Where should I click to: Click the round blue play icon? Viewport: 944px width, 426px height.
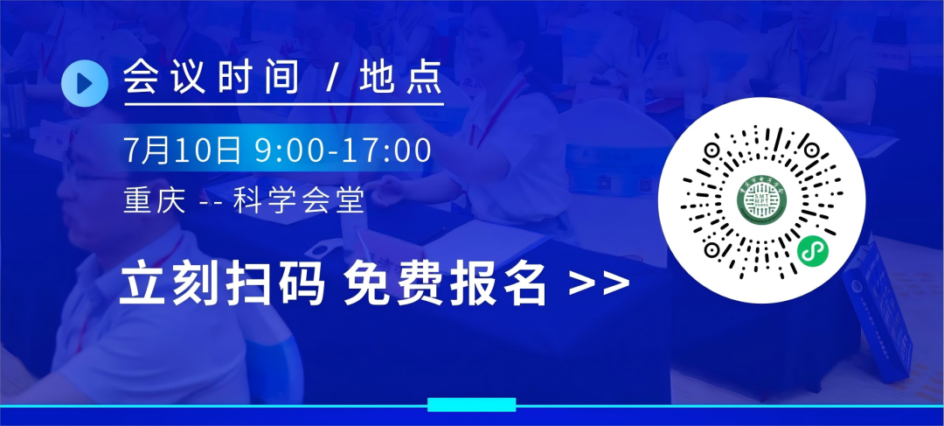pyautogui.click(x=85, y=83)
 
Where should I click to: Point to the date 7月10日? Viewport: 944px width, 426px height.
pyautogui.click(x=183, y=150)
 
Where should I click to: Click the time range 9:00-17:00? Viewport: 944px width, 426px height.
pyautogui.click(x=344, y=150)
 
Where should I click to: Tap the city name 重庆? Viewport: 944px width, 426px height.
pyautogui.click(x=154, y=200)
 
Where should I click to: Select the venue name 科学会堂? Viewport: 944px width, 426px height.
pyautogui.click(x=299, y=200)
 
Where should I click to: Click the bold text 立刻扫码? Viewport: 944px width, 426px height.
pyautogui.click(x=222, y=284)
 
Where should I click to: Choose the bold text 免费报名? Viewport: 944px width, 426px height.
pyautogui.click(x=446, y=284)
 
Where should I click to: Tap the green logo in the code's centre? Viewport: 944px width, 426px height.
pyautogui.click(x=761, y=199)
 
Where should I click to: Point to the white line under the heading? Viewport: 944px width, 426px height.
pyautogui.click(x=284, y=104)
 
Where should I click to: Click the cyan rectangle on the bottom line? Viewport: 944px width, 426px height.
pyautogui.click(x=472, y=405)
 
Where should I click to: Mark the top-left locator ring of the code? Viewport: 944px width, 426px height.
pyautogui.click(x=712, y=149)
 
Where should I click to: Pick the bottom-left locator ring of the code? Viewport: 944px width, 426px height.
pyautogui.click(x=712, y=248)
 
